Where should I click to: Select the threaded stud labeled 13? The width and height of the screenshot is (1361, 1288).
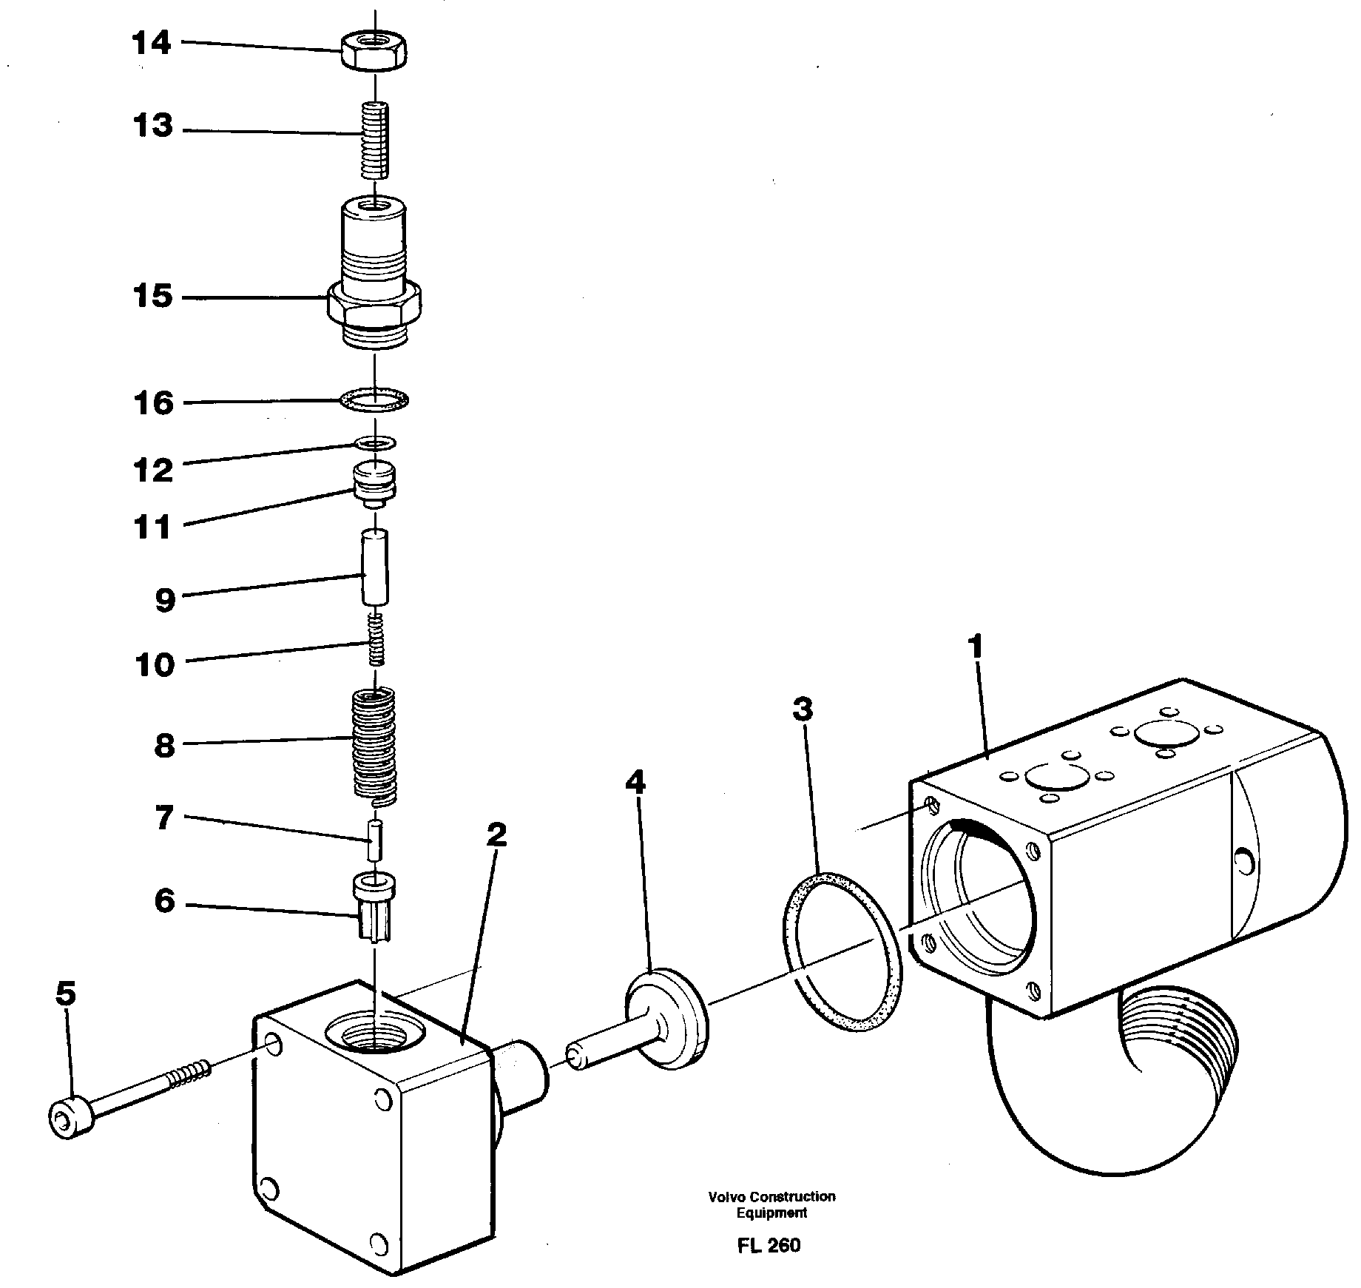coord(376,141)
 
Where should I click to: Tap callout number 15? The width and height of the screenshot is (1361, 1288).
coord(152,297)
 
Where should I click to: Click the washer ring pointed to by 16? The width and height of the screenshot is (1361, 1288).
coord(375,401)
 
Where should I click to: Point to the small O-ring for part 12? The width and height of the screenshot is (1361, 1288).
coord(375,443)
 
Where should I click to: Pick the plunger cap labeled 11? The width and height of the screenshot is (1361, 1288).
coord(376,485)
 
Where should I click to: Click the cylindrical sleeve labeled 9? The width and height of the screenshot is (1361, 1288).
coord(376,567)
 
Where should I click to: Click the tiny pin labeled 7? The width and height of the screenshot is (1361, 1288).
coord(376,840)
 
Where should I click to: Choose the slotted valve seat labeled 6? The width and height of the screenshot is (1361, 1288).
coord(376,906)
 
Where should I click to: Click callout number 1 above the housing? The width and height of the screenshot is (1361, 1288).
coord(976,647)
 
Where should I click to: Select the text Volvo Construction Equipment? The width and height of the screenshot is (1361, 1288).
coord(771,1204)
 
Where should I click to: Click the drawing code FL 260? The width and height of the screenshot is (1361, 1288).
coord(769,1246)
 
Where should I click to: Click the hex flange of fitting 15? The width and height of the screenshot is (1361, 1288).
coord(374,305)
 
